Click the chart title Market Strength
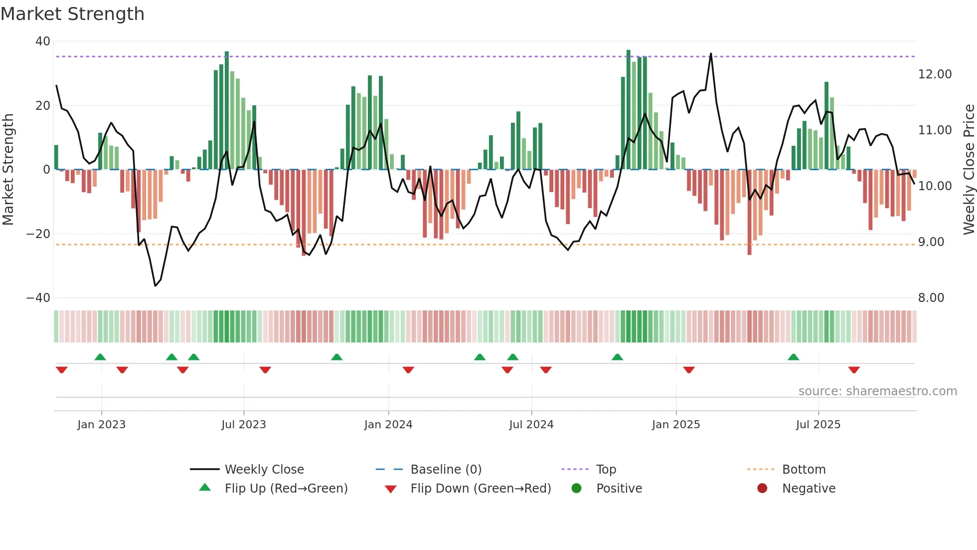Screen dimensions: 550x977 pos(72,14)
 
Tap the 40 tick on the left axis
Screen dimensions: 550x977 pos(43,41)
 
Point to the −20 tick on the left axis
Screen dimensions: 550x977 pos(39,234)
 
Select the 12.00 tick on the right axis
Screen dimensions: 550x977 pos(935,74)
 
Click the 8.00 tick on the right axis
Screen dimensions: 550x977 pos(931,298)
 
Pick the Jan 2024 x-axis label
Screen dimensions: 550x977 pos(388,425)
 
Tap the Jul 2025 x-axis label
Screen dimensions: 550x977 pos(818,425)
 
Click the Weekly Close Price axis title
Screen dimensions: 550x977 pos(969,170)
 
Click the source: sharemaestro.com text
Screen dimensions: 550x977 pos(877,391)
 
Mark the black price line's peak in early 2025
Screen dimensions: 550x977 pos(711,54)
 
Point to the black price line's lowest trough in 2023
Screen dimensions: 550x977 pos(156,285)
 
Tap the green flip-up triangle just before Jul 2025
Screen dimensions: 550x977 pos(793,357)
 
